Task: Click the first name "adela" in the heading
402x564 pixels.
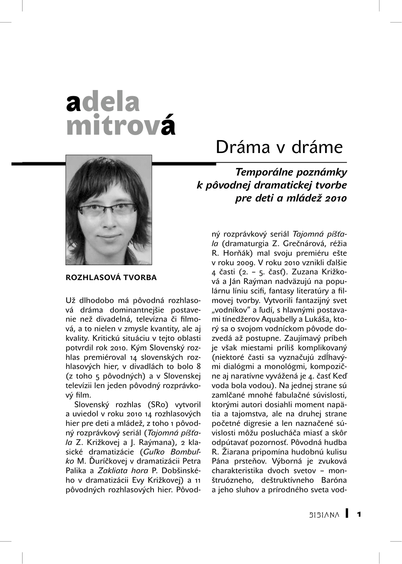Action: (x=103, y=102)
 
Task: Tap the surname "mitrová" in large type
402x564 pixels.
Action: (x=121, y=125)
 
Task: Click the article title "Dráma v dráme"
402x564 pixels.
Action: (x=279, y=147)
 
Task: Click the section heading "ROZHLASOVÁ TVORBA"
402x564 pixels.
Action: (x=111, y=277)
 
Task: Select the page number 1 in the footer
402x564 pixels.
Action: (x=359, y=514)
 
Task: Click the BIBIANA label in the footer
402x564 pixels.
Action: (x=324, y=515)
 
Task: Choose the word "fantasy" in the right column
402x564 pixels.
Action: (x=276, y=291)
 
